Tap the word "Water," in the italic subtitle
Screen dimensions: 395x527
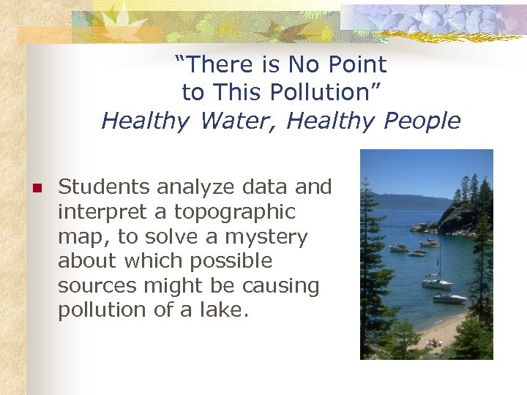pyautogui.click(x=238, y=121)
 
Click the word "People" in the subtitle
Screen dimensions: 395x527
pyautogui.click(x=423, y=121)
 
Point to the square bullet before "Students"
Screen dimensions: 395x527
pyautogui.click(x=34, y=188)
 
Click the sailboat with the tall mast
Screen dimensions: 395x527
pyautogui.click(x=438, y=281)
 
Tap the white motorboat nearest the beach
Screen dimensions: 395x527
pyautogui.click(x=449, y=298)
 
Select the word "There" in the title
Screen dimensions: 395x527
pyautogui.click(x=217, y=65)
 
